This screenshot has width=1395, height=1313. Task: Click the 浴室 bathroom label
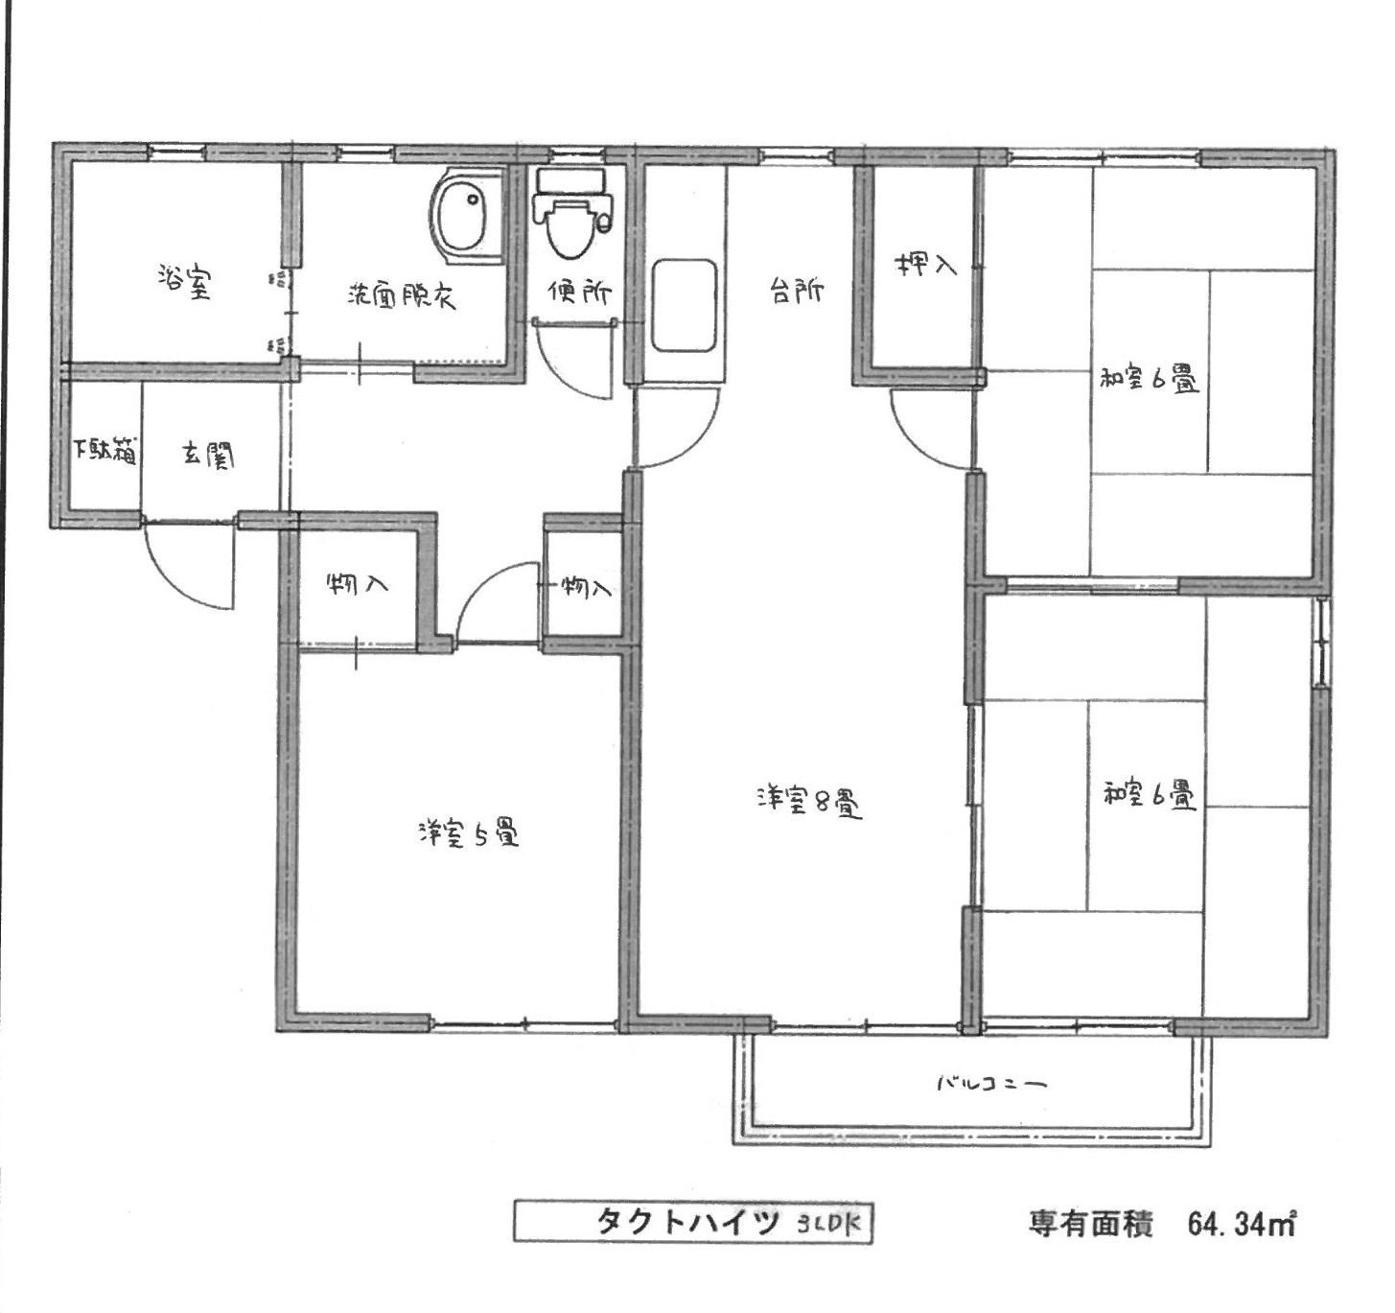click(184, 282)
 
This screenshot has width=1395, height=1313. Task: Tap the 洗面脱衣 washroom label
click(401, 296)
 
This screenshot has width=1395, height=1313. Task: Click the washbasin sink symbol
click(464, 214)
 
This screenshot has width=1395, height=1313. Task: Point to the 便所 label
click(579, 292)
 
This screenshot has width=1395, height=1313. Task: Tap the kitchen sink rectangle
click(684, 306)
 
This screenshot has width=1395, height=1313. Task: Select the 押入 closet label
click(925, 265)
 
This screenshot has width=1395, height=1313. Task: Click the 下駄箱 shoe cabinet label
click(105, 450)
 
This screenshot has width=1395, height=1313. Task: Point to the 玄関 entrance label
click(208, 456)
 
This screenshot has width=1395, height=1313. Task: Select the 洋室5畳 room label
click(469, 832)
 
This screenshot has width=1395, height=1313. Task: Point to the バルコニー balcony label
click(991, 1083)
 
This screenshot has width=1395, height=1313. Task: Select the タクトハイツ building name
click(687, 1222)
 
